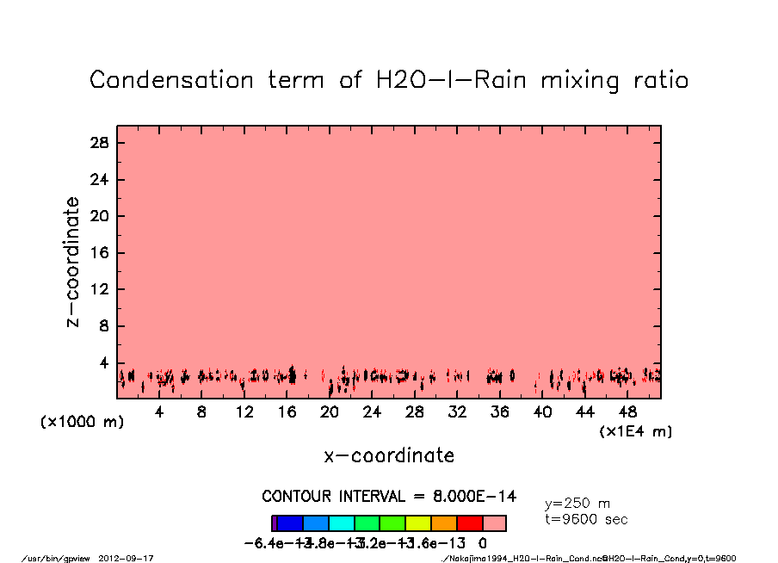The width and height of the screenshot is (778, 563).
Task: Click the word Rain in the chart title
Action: coord(497,80)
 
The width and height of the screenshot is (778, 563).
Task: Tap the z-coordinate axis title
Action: coord(74,262)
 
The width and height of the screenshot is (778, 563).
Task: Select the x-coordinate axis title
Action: coord(389,455)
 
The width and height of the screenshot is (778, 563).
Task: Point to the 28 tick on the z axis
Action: coord(101,143)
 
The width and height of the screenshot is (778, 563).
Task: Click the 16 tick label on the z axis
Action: coord(101,253)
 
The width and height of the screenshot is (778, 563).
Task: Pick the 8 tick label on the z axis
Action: coord(105,326)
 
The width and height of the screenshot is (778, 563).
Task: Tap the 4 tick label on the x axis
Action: coord(159,412)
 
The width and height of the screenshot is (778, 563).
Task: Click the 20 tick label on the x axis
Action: coord(330,412)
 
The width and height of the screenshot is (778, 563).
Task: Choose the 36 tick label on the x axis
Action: coord(500,412)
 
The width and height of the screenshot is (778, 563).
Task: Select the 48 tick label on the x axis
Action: coord(628,412)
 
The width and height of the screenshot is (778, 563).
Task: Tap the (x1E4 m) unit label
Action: coord(636,430)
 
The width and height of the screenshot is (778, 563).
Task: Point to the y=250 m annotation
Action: coord(577,504)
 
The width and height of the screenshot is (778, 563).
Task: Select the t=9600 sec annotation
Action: coord(586,519)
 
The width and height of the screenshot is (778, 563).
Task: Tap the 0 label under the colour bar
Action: coord(483,543)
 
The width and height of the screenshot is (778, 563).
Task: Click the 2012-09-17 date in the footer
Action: coord(133,558)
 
